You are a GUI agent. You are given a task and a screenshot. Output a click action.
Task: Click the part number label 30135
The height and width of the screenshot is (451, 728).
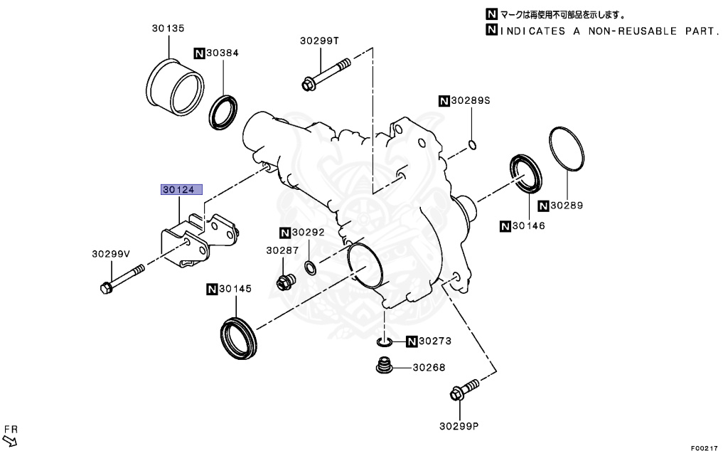click(168, 28)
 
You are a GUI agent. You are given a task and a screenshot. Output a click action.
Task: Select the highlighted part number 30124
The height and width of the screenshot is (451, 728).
click(181, 190)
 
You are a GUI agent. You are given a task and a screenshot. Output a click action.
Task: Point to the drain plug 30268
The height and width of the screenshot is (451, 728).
click(385, 368)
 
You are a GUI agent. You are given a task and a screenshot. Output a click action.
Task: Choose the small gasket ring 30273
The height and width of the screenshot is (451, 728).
click(384, 342)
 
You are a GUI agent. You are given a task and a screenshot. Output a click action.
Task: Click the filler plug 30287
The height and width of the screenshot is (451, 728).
click(285, 282)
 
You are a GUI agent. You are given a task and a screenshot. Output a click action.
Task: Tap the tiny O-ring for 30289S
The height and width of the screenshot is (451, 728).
click(472, 147)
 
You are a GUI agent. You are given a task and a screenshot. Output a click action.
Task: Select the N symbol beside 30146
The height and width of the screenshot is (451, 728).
click(505, 226)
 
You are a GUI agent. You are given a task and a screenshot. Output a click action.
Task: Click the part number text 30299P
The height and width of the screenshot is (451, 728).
click(459, 427)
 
